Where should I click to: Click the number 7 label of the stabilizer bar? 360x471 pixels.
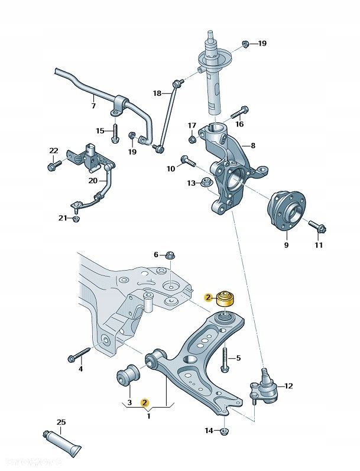point(93,106)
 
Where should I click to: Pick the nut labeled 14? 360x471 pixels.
point(223,430)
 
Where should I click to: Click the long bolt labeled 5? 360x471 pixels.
point(225,358)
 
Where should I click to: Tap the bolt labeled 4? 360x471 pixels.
point(78,355)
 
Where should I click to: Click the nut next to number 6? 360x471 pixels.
point(169,255)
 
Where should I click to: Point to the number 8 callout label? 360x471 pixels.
point(253,145)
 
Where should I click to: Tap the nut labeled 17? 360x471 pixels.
point(192,139)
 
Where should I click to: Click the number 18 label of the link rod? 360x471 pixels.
point(157,93)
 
